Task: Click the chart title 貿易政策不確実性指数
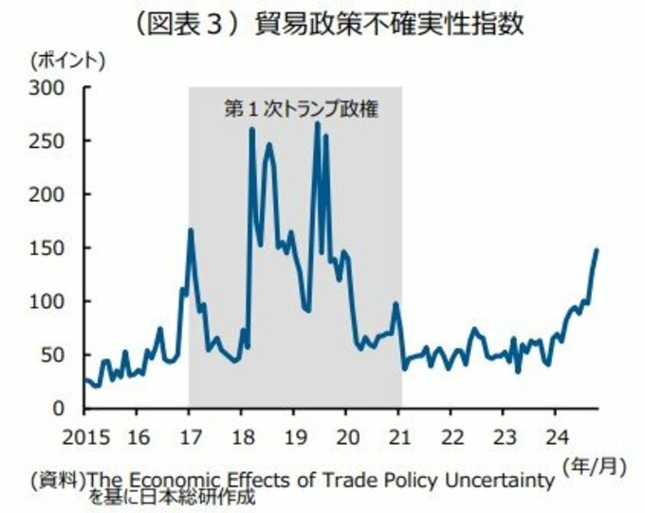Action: point(389,25)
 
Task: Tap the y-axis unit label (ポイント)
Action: point(68,61)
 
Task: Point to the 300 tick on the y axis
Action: point(46,88)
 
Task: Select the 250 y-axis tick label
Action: point(46,141)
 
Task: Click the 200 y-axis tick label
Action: point(46,195)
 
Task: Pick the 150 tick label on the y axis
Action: point(46,248)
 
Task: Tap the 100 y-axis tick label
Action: point(46,302)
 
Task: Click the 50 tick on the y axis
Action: point(53,356)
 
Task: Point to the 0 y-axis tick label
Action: point(59,409)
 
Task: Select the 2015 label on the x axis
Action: point(86,437)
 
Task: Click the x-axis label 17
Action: point(191,437)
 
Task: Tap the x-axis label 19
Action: point(295,437)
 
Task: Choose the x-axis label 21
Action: point(400,437)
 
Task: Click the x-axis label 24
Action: point(557,437)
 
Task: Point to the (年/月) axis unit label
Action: point(595,467)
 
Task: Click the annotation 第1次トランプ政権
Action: point(301,109)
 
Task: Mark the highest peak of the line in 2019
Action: point(317,123)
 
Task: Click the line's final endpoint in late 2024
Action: point(596,249)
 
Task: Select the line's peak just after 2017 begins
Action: point(191,229)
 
